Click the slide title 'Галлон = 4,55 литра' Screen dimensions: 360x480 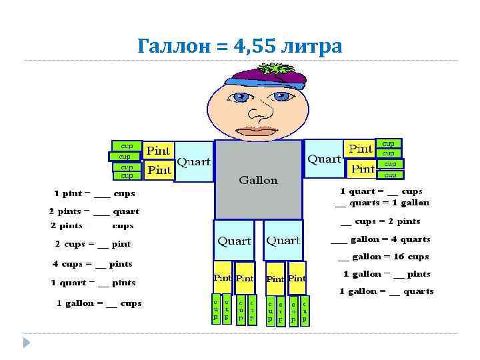[x=239, y=46]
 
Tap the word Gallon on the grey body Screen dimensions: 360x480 [x=258, y=180]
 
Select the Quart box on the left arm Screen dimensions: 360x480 [x=193, y=162]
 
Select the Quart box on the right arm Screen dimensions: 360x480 [x=324, y=159]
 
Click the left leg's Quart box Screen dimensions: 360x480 [x=234, y=240]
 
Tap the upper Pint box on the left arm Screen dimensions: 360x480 [x=159, y=151]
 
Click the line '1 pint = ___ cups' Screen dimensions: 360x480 [x=95, y=194]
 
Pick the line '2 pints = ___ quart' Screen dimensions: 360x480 [x=94, y=211]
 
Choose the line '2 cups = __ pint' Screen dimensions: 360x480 [x=93, y=244]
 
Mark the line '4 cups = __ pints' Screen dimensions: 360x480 [x=93, y=264]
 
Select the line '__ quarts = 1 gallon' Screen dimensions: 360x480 [x=382, y=203]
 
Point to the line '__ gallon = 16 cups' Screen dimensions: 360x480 [x=383, y=257]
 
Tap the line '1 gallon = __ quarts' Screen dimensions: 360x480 [x=386, y=291]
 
